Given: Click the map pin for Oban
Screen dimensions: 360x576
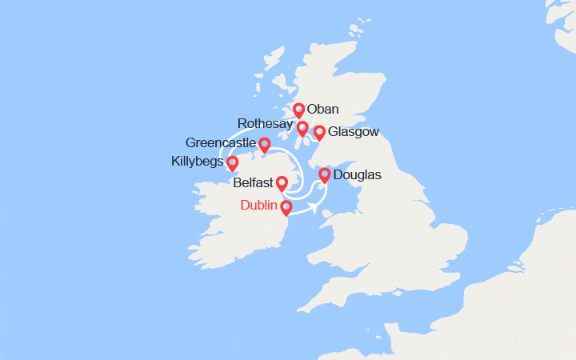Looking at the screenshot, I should [x=298, y=110].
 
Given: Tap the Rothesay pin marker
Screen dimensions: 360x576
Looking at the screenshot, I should [x=302, y=128].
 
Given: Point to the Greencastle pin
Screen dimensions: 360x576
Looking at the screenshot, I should [x=264, y=145].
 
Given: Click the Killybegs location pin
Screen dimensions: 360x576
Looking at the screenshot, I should [x=233, y=163].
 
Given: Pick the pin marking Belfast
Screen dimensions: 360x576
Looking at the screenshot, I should [x=282, y=184].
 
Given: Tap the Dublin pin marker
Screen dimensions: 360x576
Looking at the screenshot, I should [x=286, y=208].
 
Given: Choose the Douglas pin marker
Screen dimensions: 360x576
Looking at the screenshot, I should [x=325, y=175].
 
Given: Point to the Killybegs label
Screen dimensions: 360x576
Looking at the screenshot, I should [x=197, y=162].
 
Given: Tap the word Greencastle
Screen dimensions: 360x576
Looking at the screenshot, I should [x=220, y=142].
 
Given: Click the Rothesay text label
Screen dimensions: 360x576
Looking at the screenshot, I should [x=265, y=123].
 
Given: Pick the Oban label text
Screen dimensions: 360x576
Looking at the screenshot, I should [x=324, y=110].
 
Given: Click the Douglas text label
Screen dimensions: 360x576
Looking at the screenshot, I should [x=357, y=174].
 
